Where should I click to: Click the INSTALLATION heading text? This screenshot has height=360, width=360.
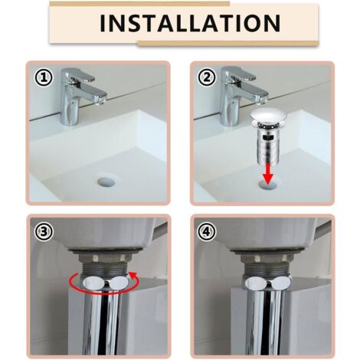(179, 23)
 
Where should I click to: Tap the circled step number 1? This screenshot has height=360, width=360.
(43, 77)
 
